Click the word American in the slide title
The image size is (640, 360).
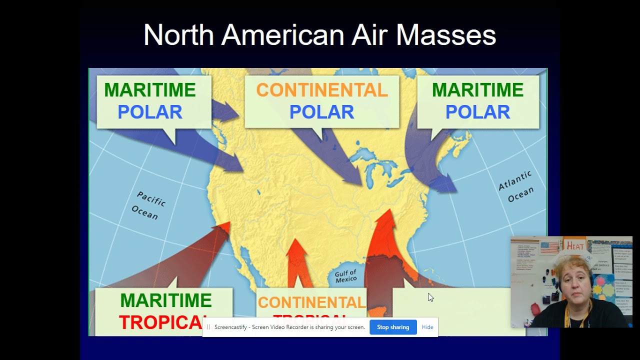[x=283, y=35]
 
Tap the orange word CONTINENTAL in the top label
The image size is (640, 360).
[x=321, y=90]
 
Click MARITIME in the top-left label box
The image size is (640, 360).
[x=149, y=90]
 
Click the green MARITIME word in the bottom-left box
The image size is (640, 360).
[x=165, y=301]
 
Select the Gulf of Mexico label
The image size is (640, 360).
[x=346, y=276]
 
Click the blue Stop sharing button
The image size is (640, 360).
[x=392, y=327]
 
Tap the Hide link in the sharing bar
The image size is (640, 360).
[x=427, y=327]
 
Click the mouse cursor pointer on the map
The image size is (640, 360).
[x=430, y=297]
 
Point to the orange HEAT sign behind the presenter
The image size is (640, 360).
[x=574, y=245]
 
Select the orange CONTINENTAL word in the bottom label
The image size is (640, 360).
[x=311, y=302]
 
